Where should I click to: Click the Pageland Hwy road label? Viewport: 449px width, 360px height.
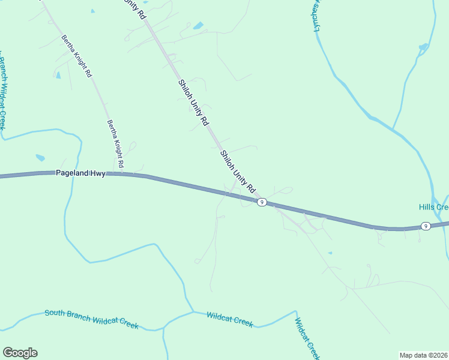pos(80,173)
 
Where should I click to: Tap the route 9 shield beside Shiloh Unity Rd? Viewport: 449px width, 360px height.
pos(262,202)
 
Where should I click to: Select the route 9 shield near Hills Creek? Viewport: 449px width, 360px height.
pos(425,226)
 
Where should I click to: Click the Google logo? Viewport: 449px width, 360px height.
pos(20,353)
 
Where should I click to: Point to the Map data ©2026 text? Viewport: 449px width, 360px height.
pos(423,355)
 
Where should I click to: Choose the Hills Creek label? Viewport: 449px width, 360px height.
pos(433,207)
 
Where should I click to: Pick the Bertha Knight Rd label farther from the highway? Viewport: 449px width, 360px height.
pos(77,56)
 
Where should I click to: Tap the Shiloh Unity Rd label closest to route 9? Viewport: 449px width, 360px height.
pos(238,171)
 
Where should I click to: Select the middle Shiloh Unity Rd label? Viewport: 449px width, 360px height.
pos(193,102)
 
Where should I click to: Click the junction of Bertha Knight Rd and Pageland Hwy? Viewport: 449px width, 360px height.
pos(122,174)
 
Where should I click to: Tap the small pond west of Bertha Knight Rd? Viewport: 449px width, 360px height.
pos(58,75)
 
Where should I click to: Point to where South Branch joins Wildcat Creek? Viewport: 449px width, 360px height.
pos(193,311)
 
